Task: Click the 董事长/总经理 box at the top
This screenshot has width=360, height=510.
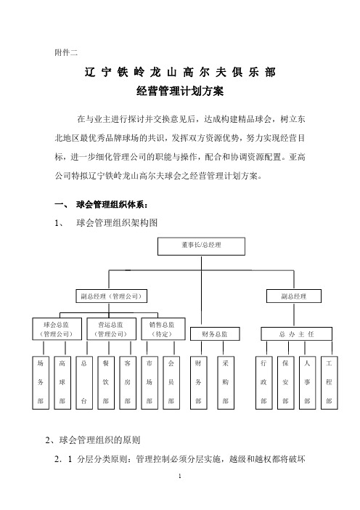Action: click(201, 246)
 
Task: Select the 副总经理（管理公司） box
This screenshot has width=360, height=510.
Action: click(111, 296)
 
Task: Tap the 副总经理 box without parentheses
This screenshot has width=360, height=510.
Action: click(294, 296)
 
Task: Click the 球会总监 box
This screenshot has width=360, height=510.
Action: click(57, 329)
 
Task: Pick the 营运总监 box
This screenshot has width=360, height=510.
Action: click(111, 329)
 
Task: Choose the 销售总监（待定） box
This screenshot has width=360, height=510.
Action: click(163, 329)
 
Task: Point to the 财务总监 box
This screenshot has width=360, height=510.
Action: click(215, 334)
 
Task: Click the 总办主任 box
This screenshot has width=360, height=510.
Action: click(296, 334)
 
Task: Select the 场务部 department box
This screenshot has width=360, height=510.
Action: click(41, 382)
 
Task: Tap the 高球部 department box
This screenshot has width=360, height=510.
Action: click(62, 382)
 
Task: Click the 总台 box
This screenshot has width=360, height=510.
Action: click(84, 382)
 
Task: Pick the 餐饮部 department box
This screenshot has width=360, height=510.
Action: click(106, 382)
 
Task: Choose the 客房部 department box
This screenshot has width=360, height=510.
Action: click(128, 382)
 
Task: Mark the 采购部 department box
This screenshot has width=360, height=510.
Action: click(226, 382)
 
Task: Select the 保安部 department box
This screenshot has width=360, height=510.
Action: click(285, 382)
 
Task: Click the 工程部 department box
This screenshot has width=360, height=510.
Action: click(329, 382)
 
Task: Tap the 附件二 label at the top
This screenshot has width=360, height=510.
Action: click(66, 52)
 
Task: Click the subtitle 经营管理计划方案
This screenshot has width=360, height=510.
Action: click(180, 91)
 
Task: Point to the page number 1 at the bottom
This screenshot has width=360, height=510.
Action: click(180, 476)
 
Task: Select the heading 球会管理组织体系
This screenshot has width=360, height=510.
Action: click(112, 205)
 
